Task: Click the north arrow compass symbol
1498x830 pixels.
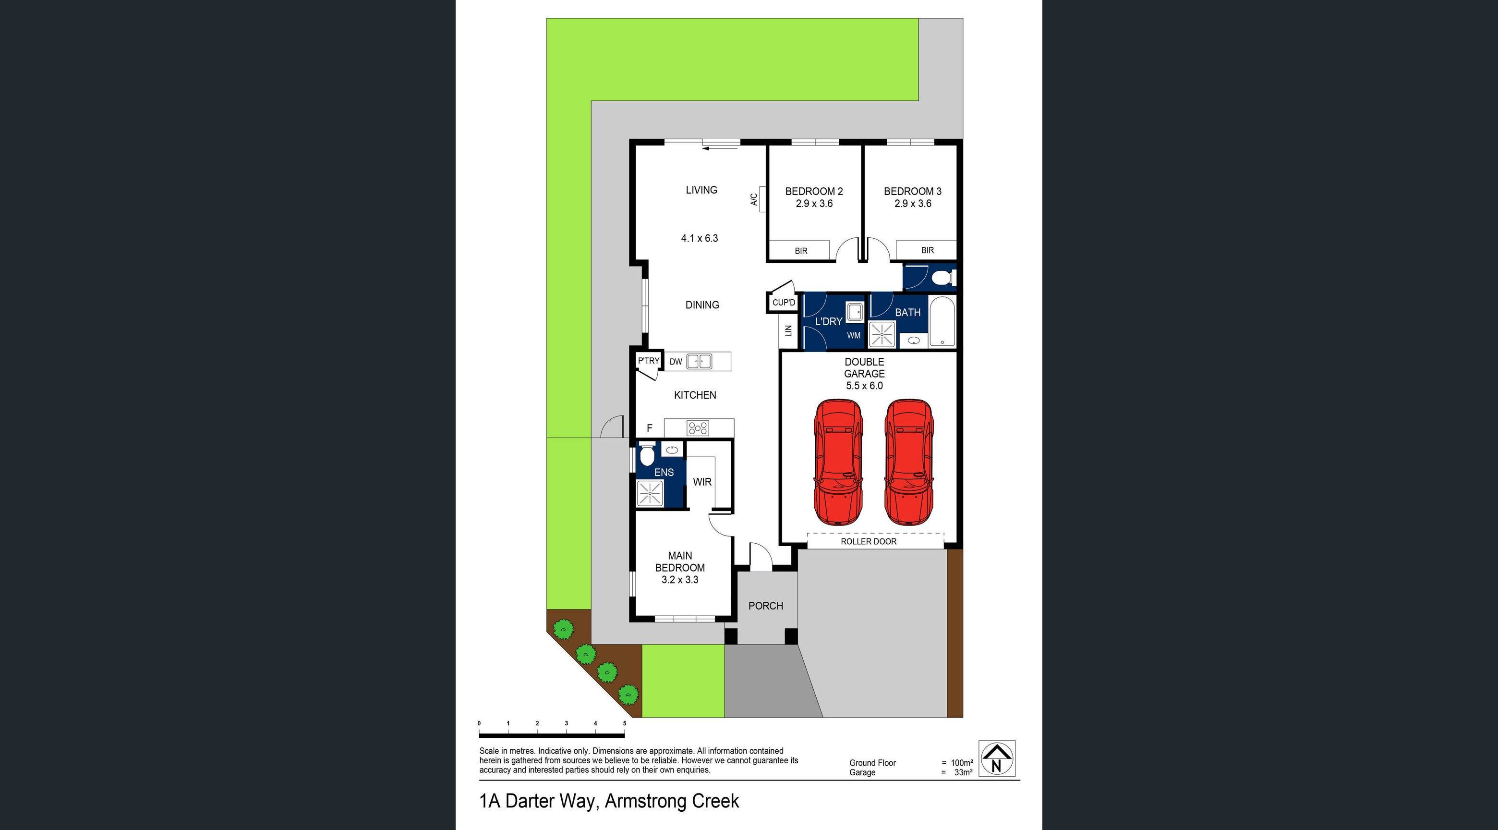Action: pos(997,758)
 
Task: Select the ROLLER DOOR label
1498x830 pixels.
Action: pos(868,541)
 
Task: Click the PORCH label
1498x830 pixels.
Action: pos(765,606)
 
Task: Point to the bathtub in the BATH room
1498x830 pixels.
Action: pos(942,322)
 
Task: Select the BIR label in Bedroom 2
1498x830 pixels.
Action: pos(801,251)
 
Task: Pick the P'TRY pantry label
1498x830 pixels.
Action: pos(648,361)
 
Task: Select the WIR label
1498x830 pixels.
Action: pos(702,482)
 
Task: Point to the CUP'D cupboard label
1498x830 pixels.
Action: pos(783,303)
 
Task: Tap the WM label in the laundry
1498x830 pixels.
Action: pos(853,336)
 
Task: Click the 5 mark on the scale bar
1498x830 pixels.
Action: pos(625,723)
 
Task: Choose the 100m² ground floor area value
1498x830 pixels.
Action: pos(962,763)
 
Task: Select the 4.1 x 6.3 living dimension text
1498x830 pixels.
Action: pos(700,238)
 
